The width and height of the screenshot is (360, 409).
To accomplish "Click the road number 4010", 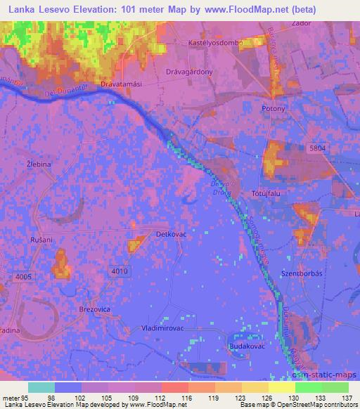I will point(119,271).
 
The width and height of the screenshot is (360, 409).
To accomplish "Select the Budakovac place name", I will point(247,346).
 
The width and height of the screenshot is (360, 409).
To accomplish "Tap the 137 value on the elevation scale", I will point(347,398).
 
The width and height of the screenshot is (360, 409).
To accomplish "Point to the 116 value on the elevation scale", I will point(186,398).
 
